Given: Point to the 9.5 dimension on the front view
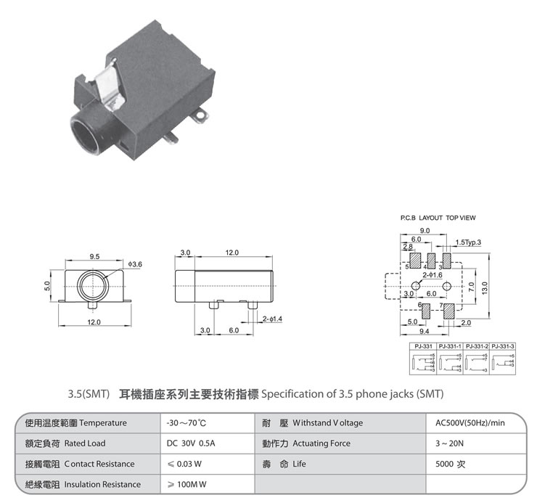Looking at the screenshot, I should (95, 256).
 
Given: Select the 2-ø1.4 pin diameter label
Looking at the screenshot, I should (274, 319).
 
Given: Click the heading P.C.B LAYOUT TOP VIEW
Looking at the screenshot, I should (438, 218).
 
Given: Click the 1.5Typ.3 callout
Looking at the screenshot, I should (468, 242).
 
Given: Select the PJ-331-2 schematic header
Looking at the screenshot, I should (475, 346).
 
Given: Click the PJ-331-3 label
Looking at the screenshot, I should (502, 346).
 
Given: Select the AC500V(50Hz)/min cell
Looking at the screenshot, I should (469, 422).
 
